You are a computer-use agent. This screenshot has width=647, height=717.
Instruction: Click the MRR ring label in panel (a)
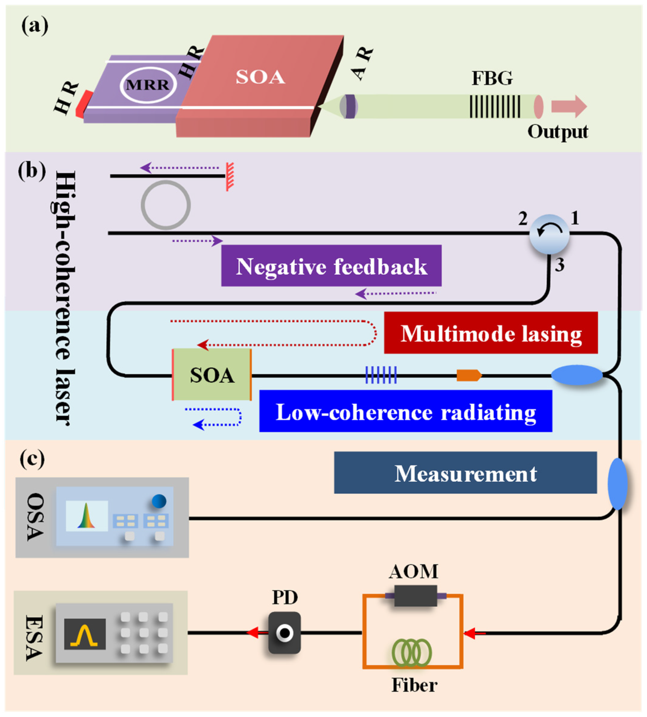tap(148, 85)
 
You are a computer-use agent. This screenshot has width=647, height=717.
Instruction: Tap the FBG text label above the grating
tap(492, 79)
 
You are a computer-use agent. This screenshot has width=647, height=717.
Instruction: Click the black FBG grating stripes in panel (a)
tap(494, 106)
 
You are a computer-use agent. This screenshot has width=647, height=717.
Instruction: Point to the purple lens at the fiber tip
tap(349, 106)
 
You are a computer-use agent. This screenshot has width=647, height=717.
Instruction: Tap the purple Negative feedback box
tap(331, 266)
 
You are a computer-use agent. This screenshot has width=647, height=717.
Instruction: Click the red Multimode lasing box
tap(491, 333)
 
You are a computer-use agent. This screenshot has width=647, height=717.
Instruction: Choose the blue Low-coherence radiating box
tap(406, 411)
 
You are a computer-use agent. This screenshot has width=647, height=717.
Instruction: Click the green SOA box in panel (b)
tap(212, 375)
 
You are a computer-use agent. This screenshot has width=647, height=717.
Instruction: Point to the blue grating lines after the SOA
tap(381, 375)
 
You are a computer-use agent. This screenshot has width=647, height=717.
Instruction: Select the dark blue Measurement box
tap(465, 473)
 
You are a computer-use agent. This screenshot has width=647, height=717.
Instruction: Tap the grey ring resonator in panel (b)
tap(166, 205)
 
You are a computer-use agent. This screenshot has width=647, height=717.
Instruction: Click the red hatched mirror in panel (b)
tap(230, 177)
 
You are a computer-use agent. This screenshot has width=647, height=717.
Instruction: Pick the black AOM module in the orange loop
tap(415, 596)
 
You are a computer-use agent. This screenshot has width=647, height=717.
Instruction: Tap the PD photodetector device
tap(284, 633)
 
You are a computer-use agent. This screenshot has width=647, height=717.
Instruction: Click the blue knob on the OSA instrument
tap(159, 501)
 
